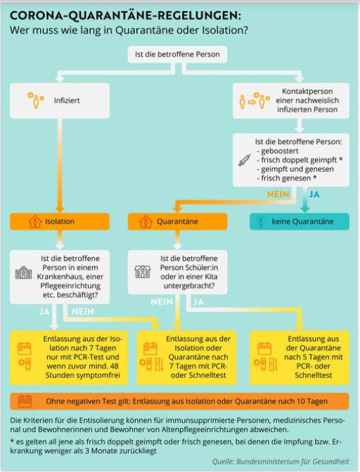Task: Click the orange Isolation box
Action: click(x=60, y=221)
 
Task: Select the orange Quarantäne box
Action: click(x=178, y=221)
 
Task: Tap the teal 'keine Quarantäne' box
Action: click(x=300, y=221)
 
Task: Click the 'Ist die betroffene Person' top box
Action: click(x=177, y=54)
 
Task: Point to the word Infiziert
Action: click(x=67, y=100)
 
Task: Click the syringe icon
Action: click(x=244, y=160)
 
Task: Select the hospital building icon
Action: click(x=24, y=273)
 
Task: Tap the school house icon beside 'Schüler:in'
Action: click(x=143, y=271)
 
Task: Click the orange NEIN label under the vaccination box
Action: click(x=278, y=194)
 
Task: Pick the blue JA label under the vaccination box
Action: click(x=314, y=194)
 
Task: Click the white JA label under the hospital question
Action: click(x=44, y=311)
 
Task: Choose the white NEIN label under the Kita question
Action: click(x=161, y=302)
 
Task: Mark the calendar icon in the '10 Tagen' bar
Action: click(x=25, y=401)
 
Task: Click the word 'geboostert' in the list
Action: click(x=280, y=151)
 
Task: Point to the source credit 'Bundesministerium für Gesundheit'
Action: click(x=293, y=462)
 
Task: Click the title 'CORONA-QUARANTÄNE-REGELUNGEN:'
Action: click(x=125, y=16)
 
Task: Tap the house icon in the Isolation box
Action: click(x=35, y=221)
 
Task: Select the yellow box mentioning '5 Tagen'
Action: click(x=300, y=358)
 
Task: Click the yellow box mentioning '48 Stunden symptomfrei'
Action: click(x=69, y=358)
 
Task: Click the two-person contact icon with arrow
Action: click(x=254, y=100)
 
